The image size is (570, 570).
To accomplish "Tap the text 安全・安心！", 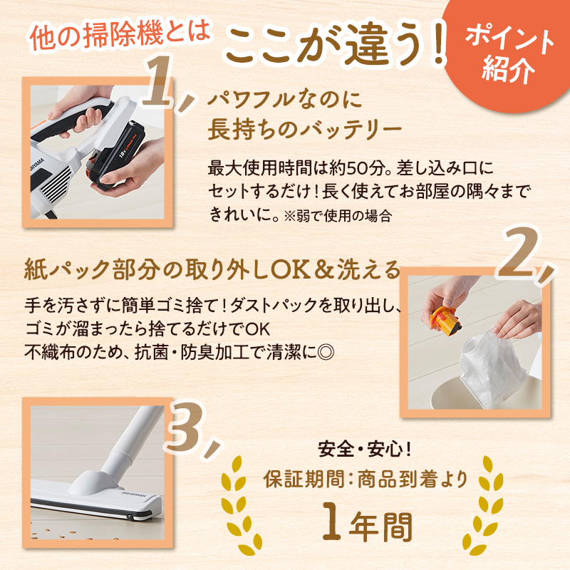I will coord(365,450).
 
